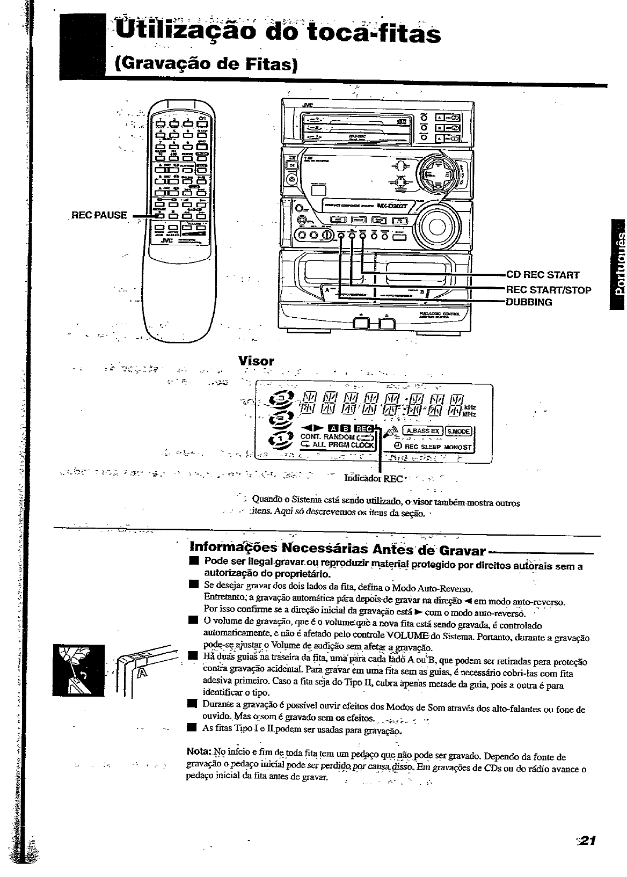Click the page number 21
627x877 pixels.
click(587, 841)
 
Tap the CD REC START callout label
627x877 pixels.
click(528, 275)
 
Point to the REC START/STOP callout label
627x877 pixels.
click(534, 290)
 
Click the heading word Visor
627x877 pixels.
click(256, 361)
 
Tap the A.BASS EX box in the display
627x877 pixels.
click(422, 430)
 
